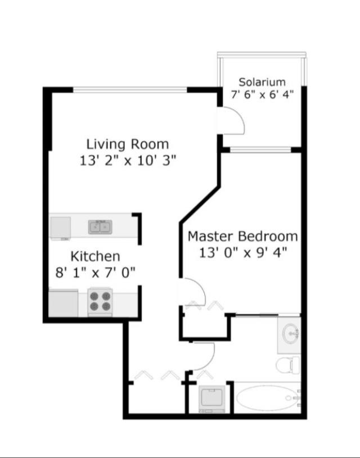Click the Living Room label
[127, 143]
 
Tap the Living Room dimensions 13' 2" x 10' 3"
[128, 160]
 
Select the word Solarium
[262, 82]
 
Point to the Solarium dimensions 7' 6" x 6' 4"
[262, 94]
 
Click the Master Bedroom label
[242, 236]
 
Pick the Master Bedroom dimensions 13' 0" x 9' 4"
[242, 252]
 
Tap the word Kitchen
[95, 256]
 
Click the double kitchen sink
[100, 227]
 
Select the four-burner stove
[100, 301]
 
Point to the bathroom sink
[290, 334]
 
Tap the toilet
[287, 364]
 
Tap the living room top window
[130, 89]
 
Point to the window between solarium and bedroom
[260, 149]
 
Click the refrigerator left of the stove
[64, 302]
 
